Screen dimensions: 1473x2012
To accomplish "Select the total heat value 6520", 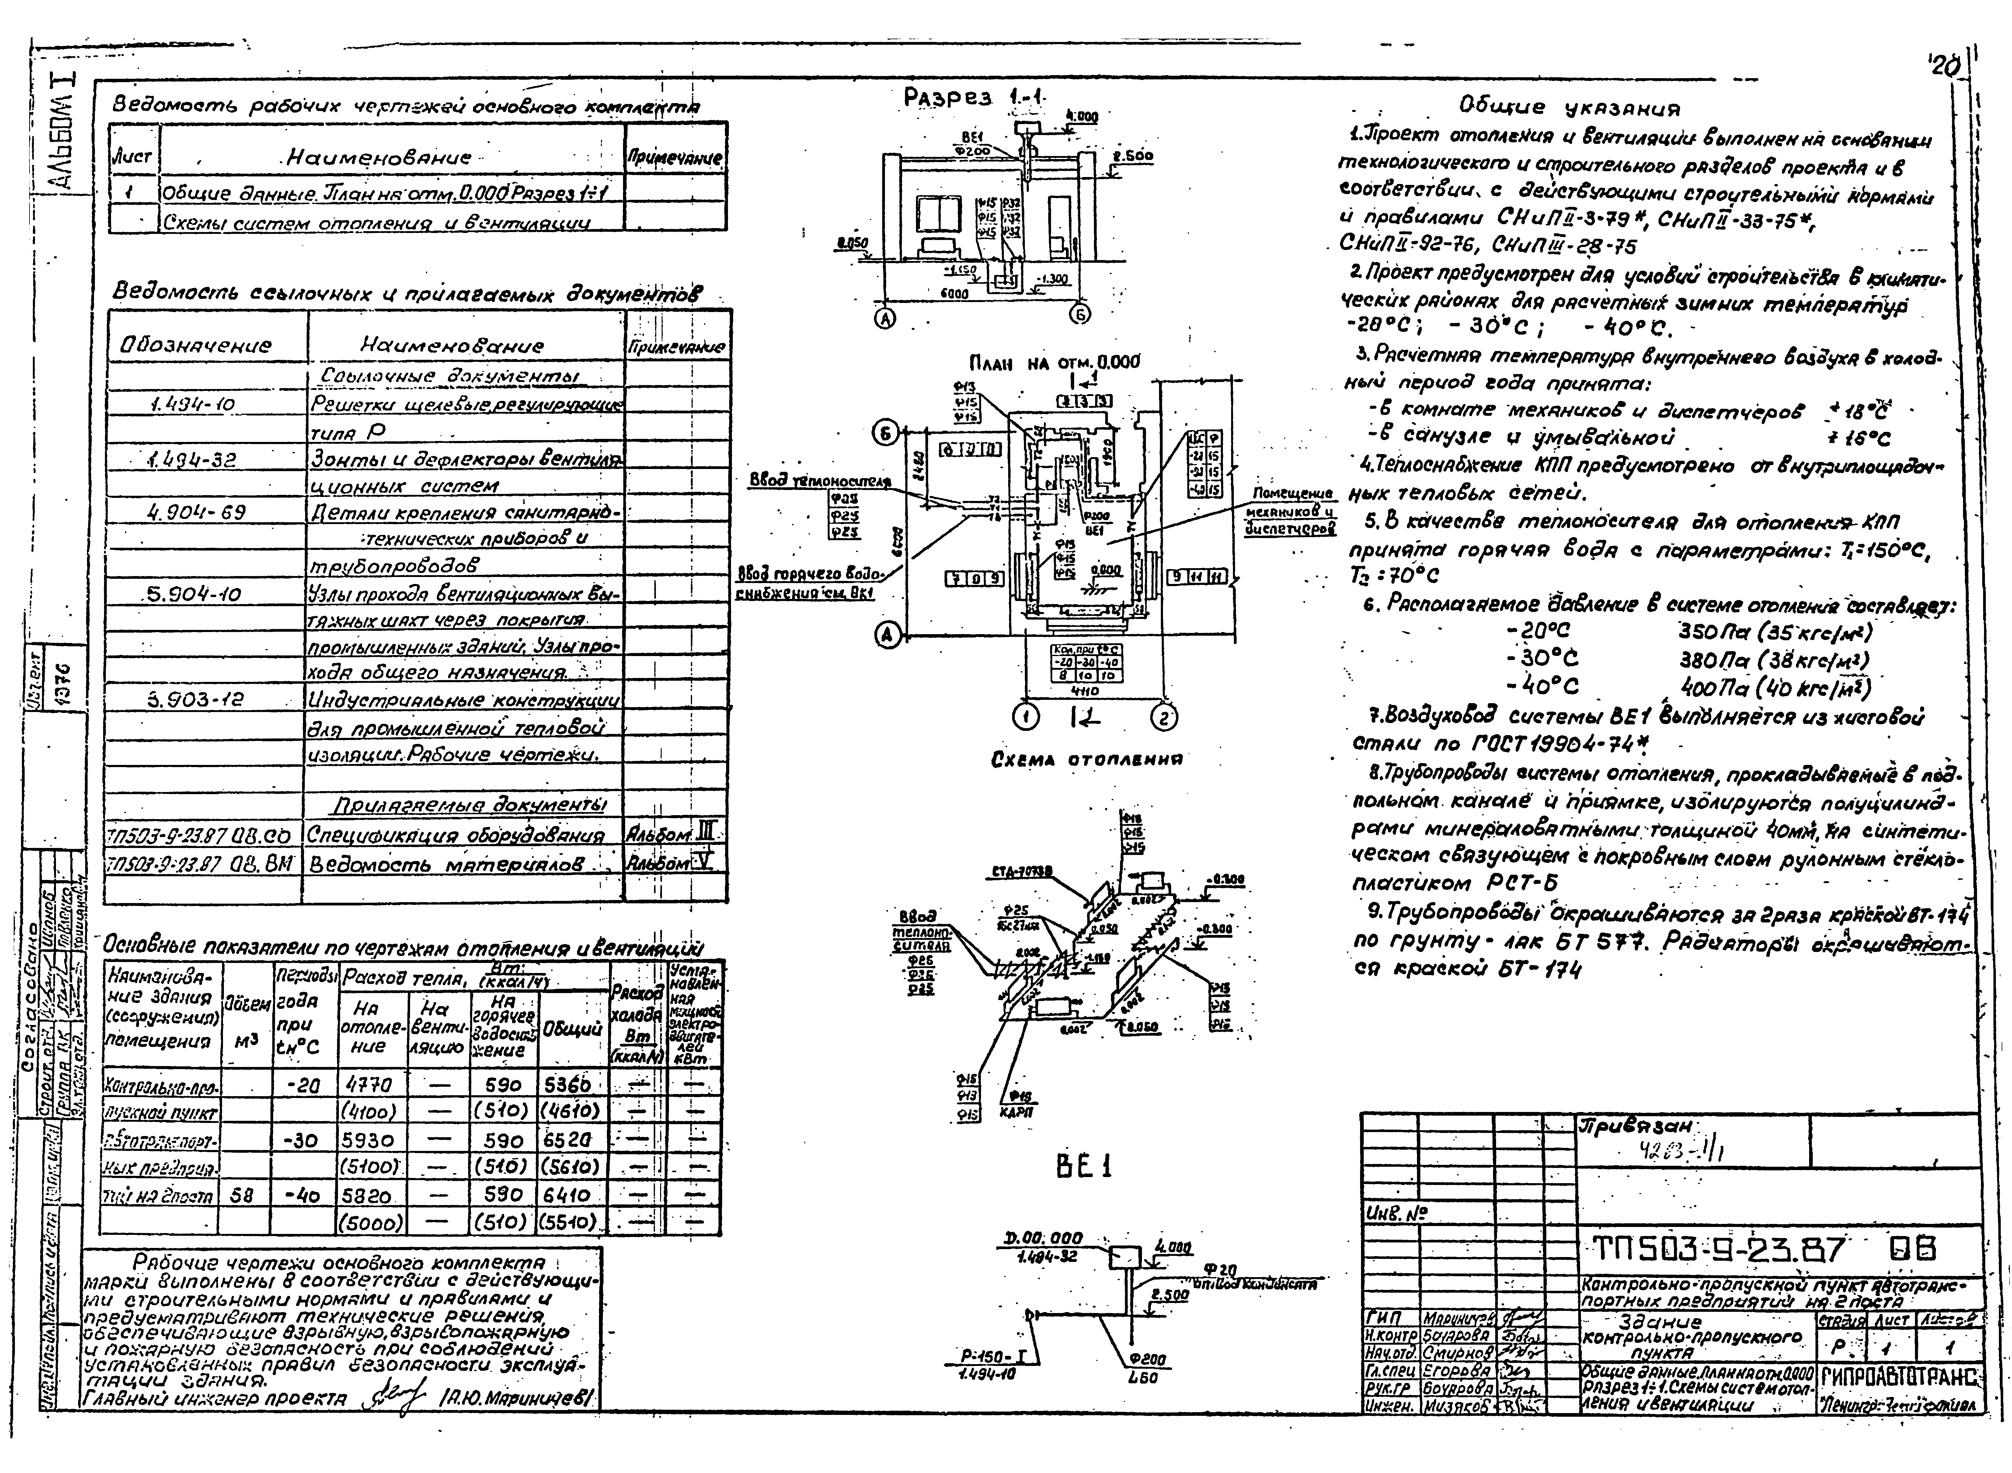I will click(567, 1140).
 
